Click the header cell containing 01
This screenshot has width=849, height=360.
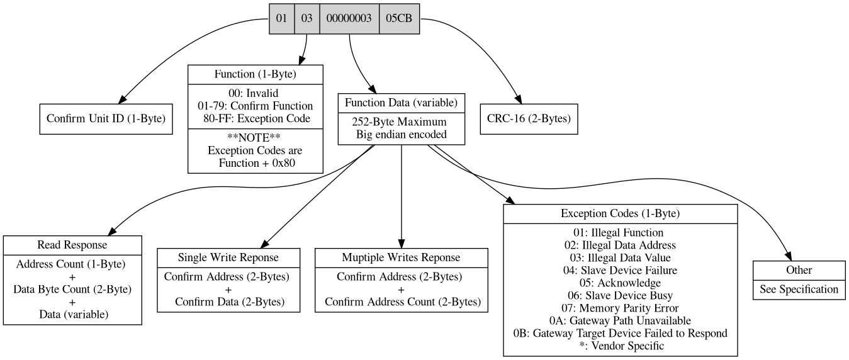coord(281,19)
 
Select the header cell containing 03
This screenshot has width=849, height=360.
coord(306,19)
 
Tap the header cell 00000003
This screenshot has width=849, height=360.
coord(349,19)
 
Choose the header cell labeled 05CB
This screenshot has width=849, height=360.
coord(399,19)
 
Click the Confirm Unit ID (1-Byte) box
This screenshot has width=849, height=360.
coord(106,119)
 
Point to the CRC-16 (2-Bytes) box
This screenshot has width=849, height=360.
coord(529,119)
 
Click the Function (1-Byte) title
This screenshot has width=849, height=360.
coord(256,74)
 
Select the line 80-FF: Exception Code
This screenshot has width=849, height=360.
coord(256,118)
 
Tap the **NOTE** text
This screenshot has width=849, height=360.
coord(256,138)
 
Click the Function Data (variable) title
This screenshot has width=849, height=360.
coord(402,102)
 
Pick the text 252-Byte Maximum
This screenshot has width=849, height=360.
coord(402,121)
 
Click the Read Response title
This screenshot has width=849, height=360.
coord(72,245)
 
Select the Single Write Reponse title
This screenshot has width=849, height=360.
coord(228,257)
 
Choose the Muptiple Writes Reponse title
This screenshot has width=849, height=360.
coord(402,257)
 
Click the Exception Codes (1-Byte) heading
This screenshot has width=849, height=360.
coord(620,213)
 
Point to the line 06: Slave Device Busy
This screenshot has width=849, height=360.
coord(620,295)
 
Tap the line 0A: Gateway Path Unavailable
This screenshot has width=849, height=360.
coord(620,320)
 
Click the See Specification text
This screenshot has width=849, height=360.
coord(799,289)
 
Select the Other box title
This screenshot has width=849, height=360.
coord(799,270)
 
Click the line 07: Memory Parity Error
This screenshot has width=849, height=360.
coord(620,308)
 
